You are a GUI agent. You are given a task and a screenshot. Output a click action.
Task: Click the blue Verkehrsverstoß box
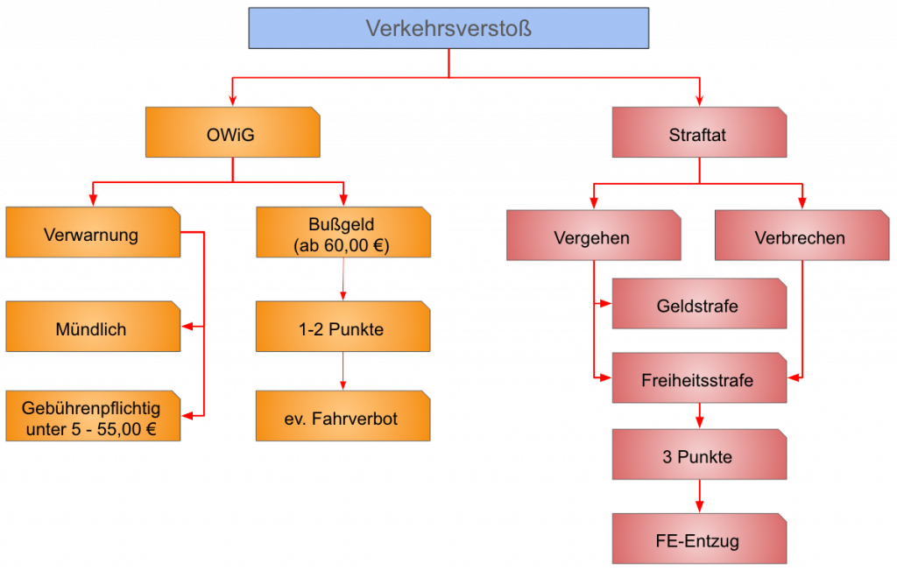pos(448,28)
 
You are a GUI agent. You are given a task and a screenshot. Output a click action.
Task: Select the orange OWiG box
pos(232,133)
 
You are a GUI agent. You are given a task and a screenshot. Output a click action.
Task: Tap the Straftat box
pos(698,133)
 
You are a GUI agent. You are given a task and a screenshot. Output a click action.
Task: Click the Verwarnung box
pos(92,234)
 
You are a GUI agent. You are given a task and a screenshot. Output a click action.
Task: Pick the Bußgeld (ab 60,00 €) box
pos(343,234)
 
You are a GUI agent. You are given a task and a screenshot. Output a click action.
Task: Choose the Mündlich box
pos(92,328)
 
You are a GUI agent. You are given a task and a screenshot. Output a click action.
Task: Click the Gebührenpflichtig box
pos(92,418)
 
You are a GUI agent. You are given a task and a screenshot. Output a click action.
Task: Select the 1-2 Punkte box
pos(343,328)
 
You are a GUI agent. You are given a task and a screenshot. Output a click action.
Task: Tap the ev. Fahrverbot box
pos(343,418)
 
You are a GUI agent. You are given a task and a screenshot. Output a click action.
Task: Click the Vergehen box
pos(593,236)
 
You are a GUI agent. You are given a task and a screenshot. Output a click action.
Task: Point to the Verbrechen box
pos(801,236)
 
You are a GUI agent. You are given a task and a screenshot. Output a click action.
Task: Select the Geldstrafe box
pos(698,305)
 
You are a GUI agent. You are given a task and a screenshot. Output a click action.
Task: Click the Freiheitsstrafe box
pos(698,379)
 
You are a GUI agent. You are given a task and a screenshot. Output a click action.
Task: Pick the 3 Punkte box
pos(698,455)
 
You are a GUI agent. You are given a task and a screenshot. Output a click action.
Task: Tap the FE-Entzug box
pos(698,539)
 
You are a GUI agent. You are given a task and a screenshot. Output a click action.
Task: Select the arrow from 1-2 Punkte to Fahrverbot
pos(343,371)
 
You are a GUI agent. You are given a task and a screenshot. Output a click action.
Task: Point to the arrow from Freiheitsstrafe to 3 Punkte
pos(698,416)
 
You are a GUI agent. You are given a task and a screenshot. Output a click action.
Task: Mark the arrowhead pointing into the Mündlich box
pos(187,327)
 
